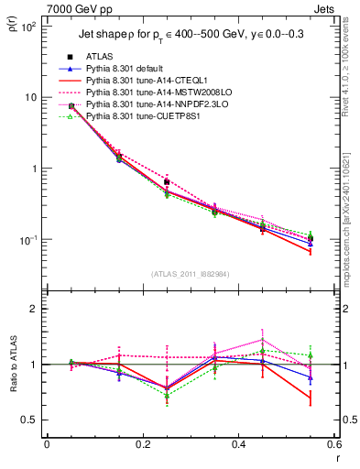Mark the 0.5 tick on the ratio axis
coord(33,420)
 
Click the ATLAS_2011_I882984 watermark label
coord(190,274)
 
